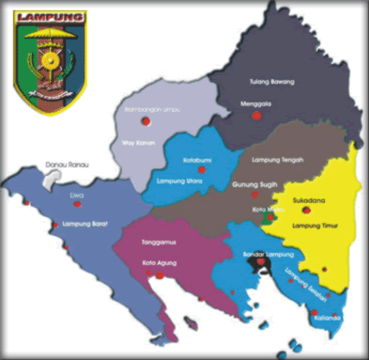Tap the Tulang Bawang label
click(x=272, y=83)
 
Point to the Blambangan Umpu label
click(x=151, y=110)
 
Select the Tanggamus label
click(x=159, y=243)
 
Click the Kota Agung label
click(x=160, y=264)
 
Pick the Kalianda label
click(x=329, y=317)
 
